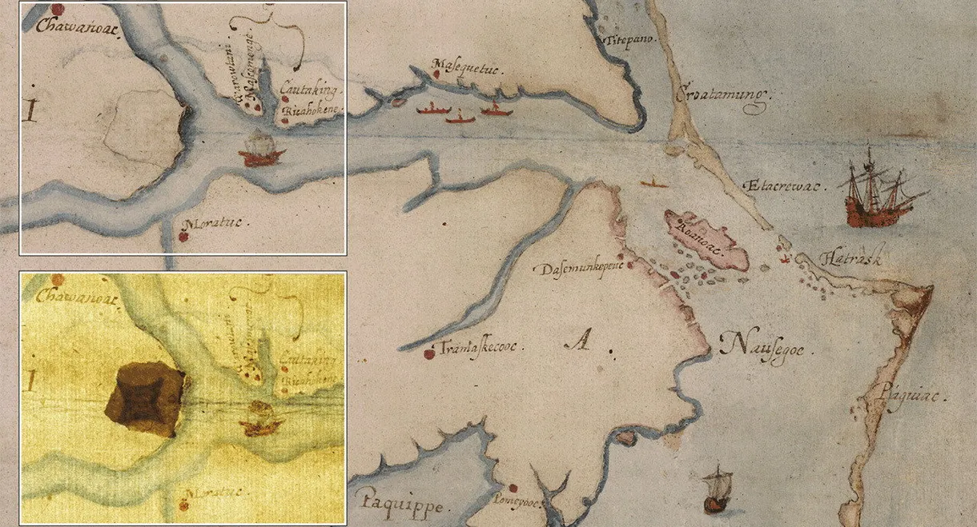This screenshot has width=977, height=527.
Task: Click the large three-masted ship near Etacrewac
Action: coord(879,192)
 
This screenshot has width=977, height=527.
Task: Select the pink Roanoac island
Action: coord(708,242)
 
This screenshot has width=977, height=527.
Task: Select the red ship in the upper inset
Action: coord(261,150)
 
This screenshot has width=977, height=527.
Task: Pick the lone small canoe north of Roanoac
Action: coord(654,183)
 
